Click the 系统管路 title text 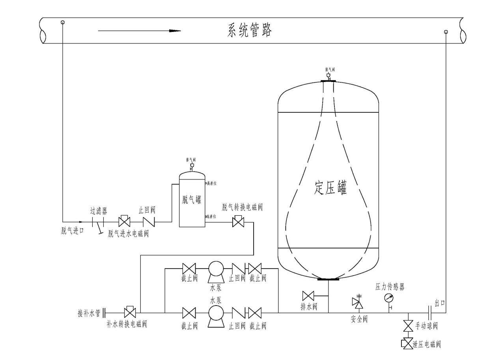tap(250, 30)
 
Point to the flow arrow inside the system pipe tap(139, 30)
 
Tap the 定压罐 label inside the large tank tap(330, 188)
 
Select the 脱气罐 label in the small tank tap(192, 199)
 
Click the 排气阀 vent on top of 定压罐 tap(328, 75)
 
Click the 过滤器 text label tap(99, 211)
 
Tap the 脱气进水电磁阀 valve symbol tap(124, 222)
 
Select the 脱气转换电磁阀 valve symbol tap(238, 222)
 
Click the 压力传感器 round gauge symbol tap(389, 298)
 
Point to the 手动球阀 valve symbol tap(408, 326)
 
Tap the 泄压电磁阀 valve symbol tap(407, 343)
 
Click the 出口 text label tap(439, 303)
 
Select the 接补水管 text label tap(89, 313)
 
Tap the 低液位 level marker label tap(212, 216)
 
